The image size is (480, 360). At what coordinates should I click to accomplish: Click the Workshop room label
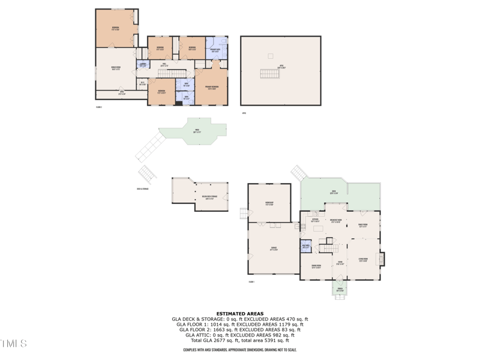[269, 204]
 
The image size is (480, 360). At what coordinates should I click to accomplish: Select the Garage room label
[274, 250]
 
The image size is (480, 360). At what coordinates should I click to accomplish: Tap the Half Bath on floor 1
[305, 247]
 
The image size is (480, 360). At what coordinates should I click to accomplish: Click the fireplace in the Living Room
[380, 259]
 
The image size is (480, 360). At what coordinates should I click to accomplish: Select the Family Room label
[363, 226]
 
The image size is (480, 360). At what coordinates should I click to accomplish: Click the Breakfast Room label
[336, 220]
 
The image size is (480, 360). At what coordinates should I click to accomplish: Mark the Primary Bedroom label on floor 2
[211, 88]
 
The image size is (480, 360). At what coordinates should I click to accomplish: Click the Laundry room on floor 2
[143, 64]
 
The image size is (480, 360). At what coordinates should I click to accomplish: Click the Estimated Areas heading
[239, 314]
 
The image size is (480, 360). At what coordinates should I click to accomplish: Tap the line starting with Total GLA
[239, 340]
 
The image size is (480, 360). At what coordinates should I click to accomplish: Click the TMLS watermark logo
[13, 344]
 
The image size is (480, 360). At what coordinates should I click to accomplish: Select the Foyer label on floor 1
[339, 263]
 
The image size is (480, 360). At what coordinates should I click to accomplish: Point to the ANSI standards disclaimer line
[239, 350]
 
